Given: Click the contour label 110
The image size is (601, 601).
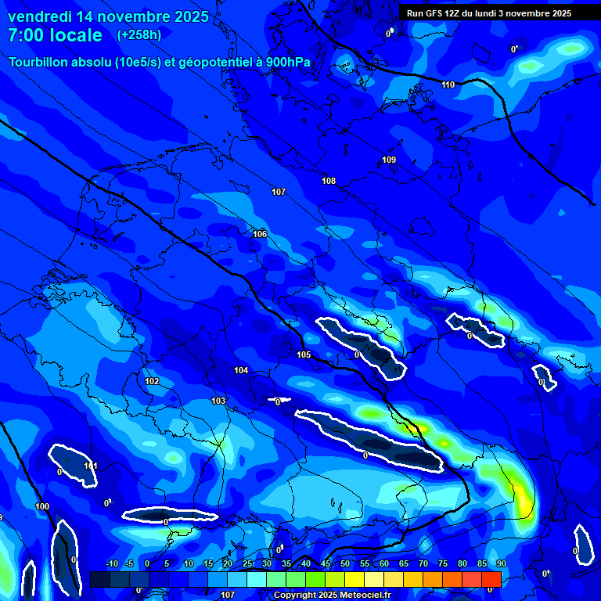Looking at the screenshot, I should click(x=448, y=85).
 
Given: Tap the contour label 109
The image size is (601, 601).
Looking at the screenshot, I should click(x=389, y=160).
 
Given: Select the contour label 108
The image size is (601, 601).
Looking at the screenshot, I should click(x=329, y=181).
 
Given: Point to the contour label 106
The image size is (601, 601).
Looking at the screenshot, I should click(x=260, y=234).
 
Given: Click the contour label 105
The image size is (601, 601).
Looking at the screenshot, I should click(x=304, y=354).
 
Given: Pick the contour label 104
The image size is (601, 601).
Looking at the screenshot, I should click(x=241, y=370).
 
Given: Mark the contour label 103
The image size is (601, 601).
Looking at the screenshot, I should click(x=218, y=401).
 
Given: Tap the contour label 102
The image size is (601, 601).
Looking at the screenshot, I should click(x=152, y=381).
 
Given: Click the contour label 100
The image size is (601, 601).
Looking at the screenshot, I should click(x=42, y=506).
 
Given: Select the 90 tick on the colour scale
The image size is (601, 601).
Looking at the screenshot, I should click(x=501, y=563).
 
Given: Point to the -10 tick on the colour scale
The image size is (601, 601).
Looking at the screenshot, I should click(x=111, y=563).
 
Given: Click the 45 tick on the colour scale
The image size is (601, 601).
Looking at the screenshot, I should click(x=326, y=563).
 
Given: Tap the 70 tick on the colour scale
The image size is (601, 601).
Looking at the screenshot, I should click(x=423, y=563).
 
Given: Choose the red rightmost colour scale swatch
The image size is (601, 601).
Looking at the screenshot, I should click(x=491, y=579).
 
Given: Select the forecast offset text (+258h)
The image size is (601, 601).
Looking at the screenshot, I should click(x=139, y=34).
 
